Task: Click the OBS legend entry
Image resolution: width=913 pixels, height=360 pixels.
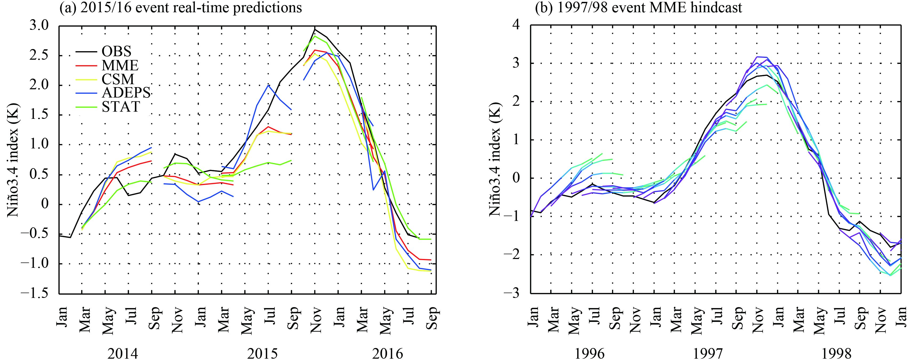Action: tap(116, 52)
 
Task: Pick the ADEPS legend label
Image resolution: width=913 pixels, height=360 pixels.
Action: tap(126, 93)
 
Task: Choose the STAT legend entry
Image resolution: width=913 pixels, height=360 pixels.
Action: tap(121, 107)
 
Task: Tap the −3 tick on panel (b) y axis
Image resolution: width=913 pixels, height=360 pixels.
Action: tap(517, 293)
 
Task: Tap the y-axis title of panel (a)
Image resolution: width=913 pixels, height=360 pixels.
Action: tap(14, 159)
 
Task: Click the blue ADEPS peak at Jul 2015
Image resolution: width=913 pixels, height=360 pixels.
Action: tap(268, 85)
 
